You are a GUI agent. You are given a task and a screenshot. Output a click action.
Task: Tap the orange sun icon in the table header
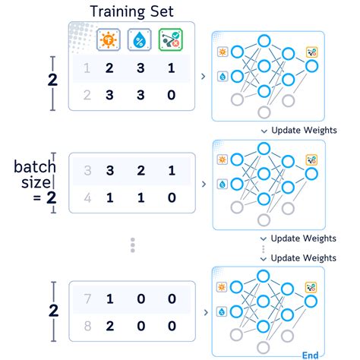[x=109, y=39]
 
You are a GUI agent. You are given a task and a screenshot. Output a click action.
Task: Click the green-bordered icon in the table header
[x=171, y=39]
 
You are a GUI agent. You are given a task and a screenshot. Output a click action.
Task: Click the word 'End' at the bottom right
[x=310, y=354]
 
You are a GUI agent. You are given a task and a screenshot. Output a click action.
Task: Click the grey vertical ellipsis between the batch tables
[x=132, y=245]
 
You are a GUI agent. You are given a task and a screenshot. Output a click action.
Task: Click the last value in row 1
[x=170, y=69]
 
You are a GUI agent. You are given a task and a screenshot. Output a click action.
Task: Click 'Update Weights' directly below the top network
[x=303, y=130]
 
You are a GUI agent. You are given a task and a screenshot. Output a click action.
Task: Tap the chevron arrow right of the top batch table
[x=201, y=76]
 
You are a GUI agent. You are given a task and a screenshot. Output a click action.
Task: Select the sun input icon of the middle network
[x=223, y=159]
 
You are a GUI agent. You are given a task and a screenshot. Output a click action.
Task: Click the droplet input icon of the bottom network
[x=223, y=311]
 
